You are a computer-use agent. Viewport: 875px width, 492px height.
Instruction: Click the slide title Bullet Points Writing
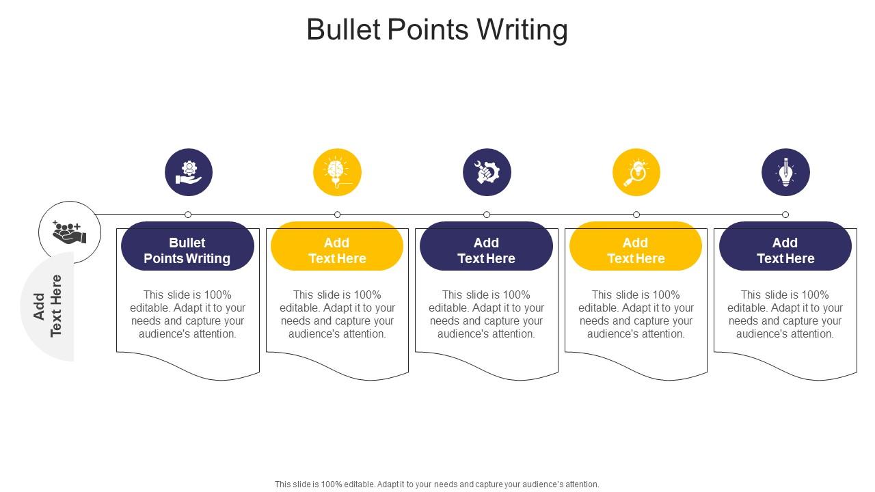tap(437, 30)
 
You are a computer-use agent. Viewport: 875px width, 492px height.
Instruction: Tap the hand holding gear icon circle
tap(189, 172)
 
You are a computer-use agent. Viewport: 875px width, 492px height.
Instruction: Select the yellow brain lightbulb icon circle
tap(337, 172)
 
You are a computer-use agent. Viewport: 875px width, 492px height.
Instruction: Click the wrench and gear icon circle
tap(487, 172)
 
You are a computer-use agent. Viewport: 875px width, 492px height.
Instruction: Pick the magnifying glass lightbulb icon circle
tap(636, 172)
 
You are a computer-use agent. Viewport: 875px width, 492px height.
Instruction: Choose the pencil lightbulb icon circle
tap(785, 172)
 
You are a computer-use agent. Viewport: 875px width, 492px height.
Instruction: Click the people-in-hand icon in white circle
tap(70, 232)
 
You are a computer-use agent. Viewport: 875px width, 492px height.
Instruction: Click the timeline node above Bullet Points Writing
tap(188, 215)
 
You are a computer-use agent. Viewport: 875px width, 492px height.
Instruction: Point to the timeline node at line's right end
tap(785, 215)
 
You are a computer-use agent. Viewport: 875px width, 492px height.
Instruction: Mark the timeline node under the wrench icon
tap(487, 215)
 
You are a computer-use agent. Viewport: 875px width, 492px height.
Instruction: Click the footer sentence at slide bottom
tap(437, 484)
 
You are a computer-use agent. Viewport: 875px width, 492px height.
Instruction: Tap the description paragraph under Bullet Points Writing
tap(188, 314)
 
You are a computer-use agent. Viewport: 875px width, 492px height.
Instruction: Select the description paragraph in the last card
tap(785, 314)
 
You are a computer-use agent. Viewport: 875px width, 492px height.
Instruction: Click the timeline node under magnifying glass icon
tap(636, 215)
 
